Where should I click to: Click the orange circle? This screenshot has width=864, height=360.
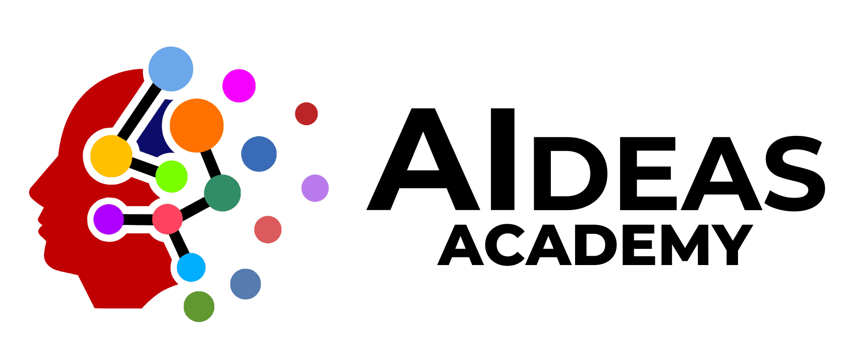coord(196,125)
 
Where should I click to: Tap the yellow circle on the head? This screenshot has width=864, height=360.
coord(111,156)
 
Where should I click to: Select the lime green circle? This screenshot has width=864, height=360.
coord(171,176)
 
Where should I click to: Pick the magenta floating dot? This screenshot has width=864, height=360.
coord(239,85)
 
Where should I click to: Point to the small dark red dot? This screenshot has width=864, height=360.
coord(306,114)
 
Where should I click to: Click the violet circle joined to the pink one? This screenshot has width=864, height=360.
coord(108,219)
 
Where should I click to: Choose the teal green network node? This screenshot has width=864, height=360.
coord(222,193)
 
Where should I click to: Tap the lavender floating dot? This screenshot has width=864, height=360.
coord(315,188)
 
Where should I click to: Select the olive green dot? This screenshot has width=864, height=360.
coord(199,306)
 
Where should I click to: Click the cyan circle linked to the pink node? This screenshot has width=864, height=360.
coord(191,267)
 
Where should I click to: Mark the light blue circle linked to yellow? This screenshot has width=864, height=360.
coord(171,69)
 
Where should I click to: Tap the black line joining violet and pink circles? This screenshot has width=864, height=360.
coord(138,220)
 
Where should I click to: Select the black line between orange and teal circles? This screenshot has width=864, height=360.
coord(211,163)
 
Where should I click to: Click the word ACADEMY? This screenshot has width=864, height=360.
coord(595,245)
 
